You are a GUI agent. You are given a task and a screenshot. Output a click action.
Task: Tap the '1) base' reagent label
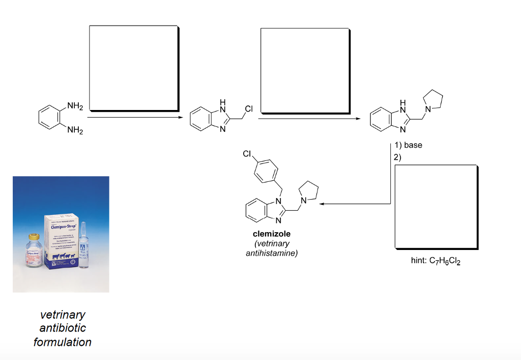pos(408,145)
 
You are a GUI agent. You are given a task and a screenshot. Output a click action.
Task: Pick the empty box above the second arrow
pos(304,70)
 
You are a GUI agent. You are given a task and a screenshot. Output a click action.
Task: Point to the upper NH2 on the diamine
pos(74,106)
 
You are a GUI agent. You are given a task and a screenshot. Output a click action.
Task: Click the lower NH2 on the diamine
pos(74,131)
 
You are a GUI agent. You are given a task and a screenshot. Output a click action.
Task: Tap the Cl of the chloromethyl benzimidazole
pos(248,109)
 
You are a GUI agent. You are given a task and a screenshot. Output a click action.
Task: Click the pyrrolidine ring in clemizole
pos(308,193)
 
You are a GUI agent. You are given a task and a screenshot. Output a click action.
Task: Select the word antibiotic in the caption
pos(63,328)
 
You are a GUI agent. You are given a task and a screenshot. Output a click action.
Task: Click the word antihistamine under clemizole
pos(271,253)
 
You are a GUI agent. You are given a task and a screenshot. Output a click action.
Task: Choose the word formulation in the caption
pos(63,342)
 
